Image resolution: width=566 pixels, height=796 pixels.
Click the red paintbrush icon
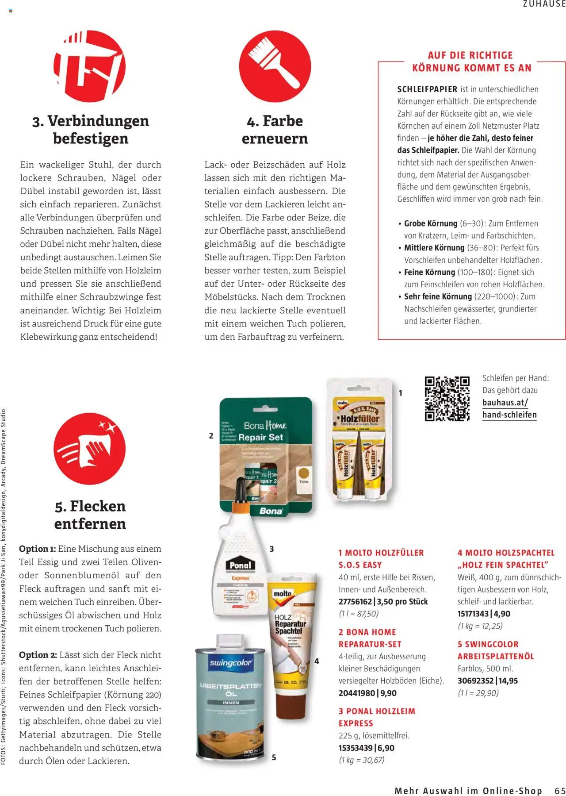[275, 66]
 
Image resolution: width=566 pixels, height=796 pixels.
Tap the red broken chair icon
[90, 66]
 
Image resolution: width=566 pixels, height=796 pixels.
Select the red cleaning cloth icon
[90, 449]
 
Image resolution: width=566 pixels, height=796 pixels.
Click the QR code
[447, 398]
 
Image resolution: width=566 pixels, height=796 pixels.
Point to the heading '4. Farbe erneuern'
[275, 129]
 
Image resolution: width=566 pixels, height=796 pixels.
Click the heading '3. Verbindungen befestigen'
[90, 129]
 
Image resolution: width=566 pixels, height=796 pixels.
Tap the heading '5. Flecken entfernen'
[90, 515]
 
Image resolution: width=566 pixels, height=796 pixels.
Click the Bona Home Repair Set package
[266, 456]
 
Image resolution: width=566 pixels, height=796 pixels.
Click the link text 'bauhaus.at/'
[505, 403]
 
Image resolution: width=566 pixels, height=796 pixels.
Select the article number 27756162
[356, 602]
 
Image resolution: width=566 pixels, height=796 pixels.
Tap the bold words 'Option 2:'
[38, 655]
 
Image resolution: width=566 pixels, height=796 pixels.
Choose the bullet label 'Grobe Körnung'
[430, 223]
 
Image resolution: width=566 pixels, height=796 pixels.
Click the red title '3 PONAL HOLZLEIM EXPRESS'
[377, 717]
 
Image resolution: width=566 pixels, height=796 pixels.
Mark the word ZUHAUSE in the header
[544, 4]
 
